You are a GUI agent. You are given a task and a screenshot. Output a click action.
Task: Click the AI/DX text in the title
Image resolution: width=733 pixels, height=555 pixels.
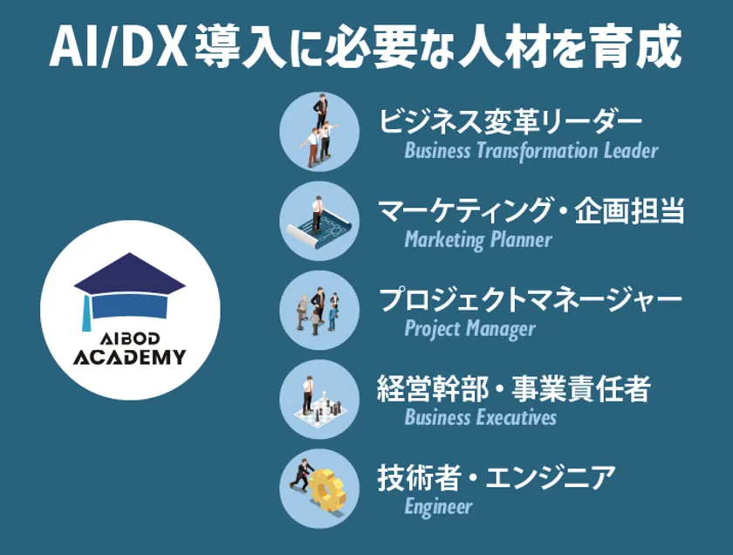[119, 48]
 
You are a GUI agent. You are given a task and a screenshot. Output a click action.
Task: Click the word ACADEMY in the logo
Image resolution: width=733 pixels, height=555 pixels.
[130, 357]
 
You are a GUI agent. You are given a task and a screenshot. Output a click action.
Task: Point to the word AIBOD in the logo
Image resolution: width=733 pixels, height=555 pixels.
[130, 339]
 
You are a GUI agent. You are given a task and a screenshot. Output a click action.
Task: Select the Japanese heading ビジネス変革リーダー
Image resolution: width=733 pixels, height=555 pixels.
[510, 121]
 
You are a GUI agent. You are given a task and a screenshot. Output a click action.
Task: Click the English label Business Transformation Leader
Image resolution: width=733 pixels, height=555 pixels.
[531, 151]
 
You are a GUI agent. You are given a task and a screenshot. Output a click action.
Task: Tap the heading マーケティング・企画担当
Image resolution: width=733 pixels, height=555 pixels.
[531, 210]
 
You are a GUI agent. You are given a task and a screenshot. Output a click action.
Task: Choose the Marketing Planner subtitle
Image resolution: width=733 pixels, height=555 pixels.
[478, 240]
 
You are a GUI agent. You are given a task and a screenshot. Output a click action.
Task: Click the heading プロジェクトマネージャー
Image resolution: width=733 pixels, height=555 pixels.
[531, 299]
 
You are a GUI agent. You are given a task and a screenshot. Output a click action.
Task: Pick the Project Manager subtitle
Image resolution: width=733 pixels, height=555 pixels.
[469, 329]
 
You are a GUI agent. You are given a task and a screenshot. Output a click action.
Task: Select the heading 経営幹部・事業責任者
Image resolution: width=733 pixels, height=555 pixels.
[514, 388]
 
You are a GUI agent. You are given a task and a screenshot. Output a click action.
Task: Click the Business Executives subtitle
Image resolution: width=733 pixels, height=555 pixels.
[481, 417]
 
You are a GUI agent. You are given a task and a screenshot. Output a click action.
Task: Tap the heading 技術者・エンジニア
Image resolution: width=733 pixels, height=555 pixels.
[497, 477]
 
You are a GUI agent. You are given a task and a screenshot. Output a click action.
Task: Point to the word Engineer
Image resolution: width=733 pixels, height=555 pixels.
[438, 506]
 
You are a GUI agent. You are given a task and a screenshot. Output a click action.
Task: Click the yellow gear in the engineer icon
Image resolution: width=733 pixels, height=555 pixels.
[329, 489]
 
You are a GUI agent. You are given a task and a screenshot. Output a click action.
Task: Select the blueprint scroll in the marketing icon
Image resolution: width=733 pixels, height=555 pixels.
[319, 226]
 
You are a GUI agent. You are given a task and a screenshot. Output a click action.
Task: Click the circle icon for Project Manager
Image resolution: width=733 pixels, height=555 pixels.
[319, 310]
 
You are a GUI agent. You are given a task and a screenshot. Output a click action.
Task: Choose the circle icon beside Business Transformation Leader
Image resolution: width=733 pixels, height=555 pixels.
[319, 132]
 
